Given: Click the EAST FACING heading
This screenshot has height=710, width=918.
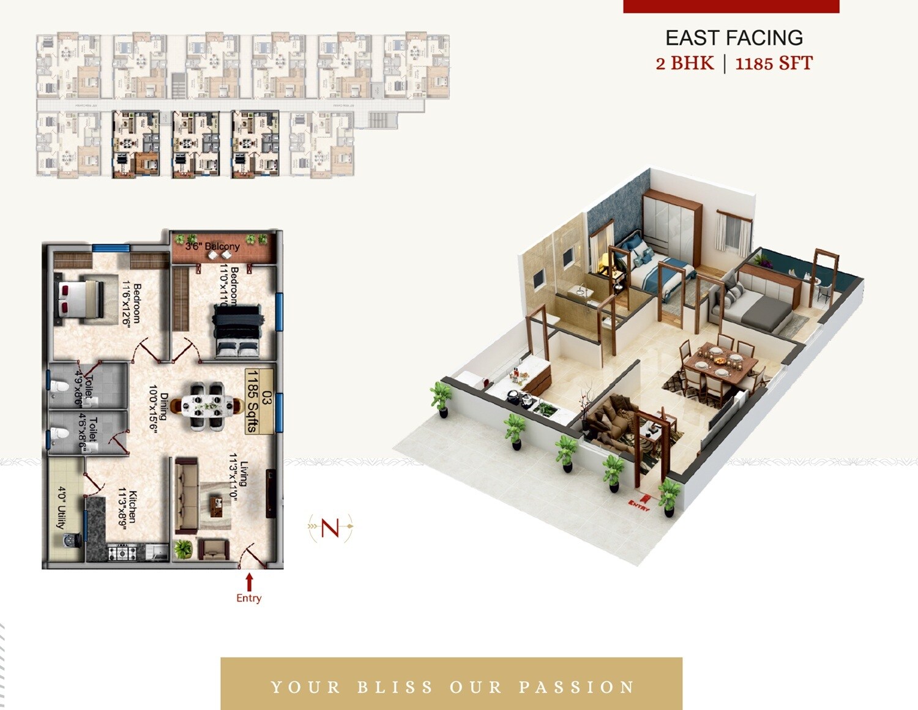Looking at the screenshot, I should pos(734,38).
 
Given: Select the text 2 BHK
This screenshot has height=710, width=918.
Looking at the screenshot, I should pos(685,64).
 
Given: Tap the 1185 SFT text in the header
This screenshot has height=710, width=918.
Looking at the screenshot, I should pos(774,64).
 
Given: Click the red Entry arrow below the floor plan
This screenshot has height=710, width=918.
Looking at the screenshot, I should pos(249,581).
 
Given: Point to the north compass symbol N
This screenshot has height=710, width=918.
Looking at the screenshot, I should pos(330,527).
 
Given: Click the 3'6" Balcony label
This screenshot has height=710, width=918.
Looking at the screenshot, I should pos(213,246).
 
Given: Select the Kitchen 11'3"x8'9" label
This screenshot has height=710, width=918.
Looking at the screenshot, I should pos(128,506).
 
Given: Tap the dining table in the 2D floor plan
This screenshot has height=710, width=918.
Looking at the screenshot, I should pos(203,405).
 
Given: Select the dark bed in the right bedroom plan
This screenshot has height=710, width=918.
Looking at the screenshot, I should pos(237,331).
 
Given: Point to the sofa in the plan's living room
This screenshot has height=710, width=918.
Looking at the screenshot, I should pos(185,496).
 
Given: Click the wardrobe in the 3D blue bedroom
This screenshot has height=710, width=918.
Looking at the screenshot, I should pos(672,222).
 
